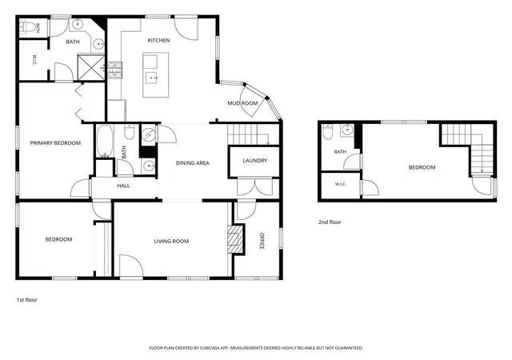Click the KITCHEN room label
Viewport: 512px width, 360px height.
[158, 40]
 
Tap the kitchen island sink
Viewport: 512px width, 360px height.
[151, 78]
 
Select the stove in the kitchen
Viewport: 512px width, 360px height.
[114, 70]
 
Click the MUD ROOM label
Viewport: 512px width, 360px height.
[242, 103]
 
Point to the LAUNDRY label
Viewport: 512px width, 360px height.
[255, 160]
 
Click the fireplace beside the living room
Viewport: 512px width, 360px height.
[235, 238]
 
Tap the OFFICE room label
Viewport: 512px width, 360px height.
[262, 241]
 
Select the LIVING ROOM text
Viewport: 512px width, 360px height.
[171, 242]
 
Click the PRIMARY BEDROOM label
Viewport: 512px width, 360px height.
[55, 142]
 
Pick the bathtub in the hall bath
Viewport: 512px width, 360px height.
[105, 141]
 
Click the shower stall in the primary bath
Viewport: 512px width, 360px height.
[91, 67]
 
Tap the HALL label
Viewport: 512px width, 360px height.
[123, 186]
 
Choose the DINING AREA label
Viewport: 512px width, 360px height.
[193, 163]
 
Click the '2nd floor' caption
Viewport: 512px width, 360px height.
[330, 222]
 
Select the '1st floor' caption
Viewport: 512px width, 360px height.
[26, 300]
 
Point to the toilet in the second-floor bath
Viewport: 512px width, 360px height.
[327, 132]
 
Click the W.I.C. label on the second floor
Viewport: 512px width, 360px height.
[341, 184]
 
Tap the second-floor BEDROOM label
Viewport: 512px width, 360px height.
[422, 167]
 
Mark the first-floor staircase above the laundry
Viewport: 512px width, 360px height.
[254, 134]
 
